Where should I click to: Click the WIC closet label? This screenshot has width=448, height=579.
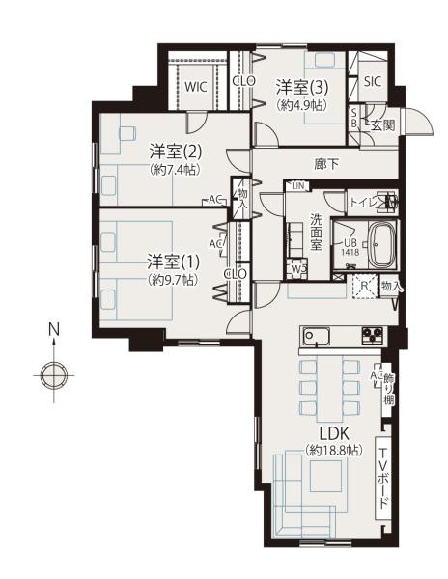pyautogui.click(x=196, y=86)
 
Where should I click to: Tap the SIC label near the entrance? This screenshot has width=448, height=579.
pyautogui.click(x=373, y=82)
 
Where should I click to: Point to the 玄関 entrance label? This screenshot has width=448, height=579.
pyautogui.click(x=382, y=125)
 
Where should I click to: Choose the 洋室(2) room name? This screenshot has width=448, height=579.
pyautogui.click(x=175, y=151)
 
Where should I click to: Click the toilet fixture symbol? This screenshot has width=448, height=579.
pyautogui.click(x=388, y=202)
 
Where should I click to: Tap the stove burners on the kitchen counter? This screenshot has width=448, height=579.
pyautogui.click(x=372, y=336)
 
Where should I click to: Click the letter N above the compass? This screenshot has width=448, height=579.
pyautogui.click(x=55, y=331)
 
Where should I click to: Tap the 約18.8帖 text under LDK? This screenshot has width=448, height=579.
pyautogui.click(x=333, y=450)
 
